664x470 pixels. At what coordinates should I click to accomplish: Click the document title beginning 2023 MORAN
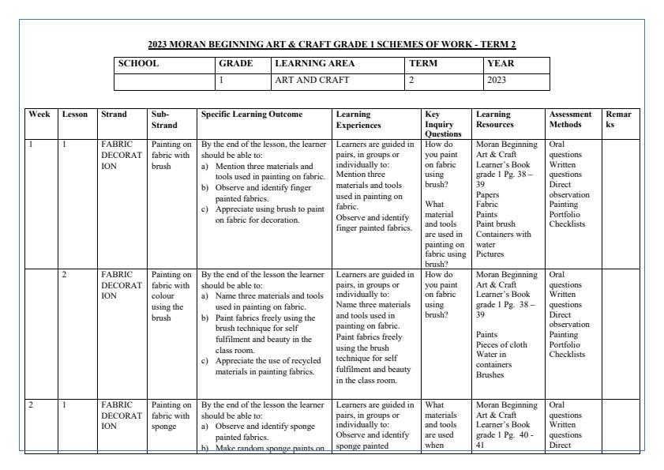(x=332, y=44)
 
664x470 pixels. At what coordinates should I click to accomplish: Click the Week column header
(x=39, y=115)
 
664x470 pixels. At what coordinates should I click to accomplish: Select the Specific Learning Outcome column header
(x=251, y=115)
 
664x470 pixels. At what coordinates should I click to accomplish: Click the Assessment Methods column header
(x=569, y=119)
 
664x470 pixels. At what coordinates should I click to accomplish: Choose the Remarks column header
(x=618, y=119)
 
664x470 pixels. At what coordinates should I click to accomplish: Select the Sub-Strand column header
(x=164, y=119)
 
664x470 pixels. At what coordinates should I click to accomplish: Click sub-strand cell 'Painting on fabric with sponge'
(x=170, y=415)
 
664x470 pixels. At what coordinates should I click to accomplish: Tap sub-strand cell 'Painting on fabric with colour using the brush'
(x=170, y=295)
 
